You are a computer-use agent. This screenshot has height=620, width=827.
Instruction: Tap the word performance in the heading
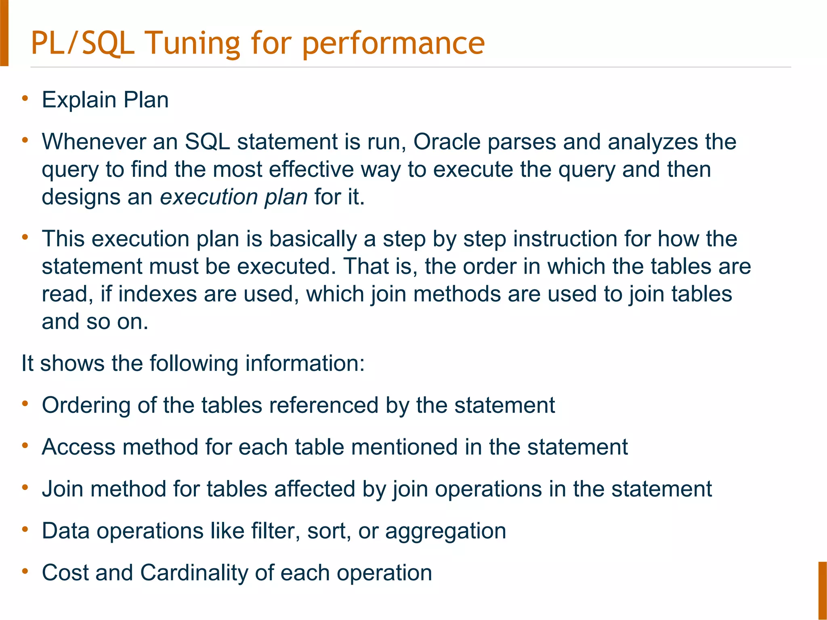pyautogui.click(x=393, y=44)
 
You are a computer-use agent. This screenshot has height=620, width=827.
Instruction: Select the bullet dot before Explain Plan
pyautogui.click(x=25, y=98)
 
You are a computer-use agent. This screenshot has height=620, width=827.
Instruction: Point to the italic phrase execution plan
pyautogui.click(x=234, y=197)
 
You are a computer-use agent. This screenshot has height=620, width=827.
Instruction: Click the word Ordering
pyautogui.click(x=86, y=405)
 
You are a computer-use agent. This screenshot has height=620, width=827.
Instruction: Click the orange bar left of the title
pyautogui.click(x=4, y=33)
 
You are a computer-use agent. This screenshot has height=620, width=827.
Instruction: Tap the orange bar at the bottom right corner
pyautogui.click(x=823, y=590)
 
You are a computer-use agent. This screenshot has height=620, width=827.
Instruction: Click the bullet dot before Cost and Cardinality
pyautogui.click(x=25, y=571)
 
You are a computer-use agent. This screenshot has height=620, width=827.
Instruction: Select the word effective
pyautogui.click(x=311, y=170)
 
